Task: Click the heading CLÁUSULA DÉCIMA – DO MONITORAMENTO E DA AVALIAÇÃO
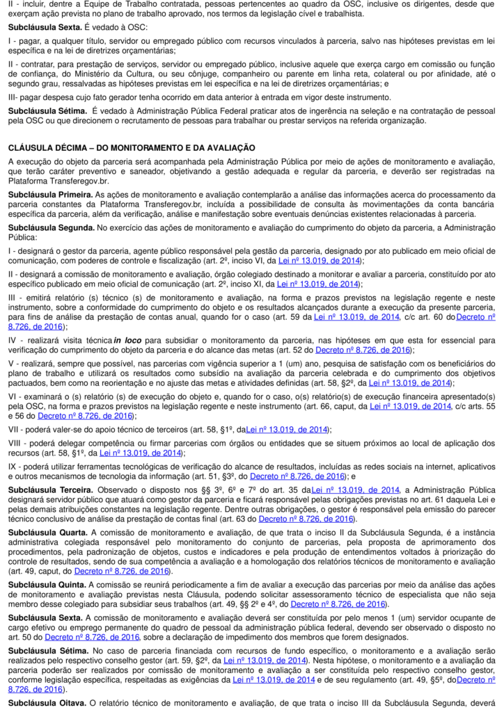pos(132,147)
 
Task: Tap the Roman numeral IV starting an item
pos(13,340)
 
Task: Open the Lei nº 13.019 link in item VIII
pos(140,453)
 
